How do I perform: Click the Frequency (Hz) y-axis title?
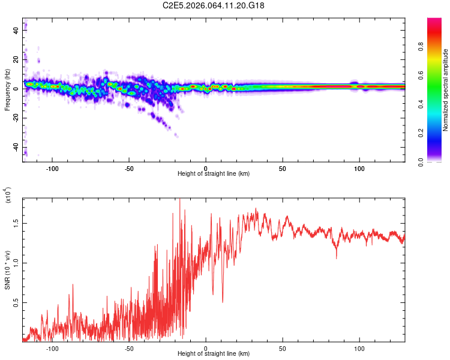click(x=7, y=90)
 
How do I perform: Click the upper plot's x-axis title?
click(x=214, y=173)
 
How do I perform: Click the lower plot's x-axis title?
click(x=214, y=353)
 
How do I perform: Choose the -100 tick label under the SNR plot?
click(x=52, y=347)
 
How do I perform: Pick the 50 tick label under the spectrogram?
click(x=283, y=167)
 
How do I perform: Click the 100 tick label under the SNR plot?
click(x=359, y=347)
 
